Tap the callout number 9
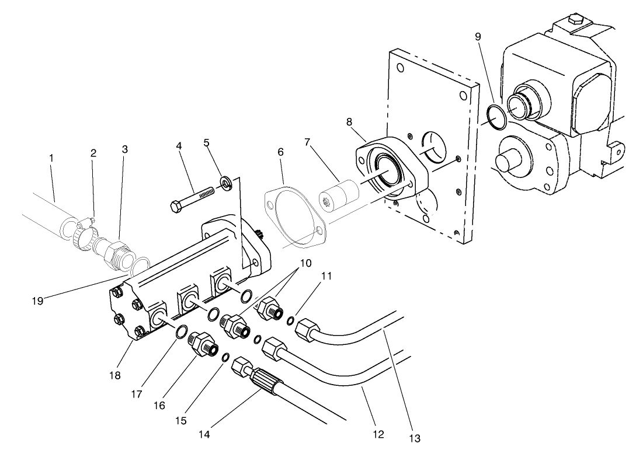[x=478, y=37]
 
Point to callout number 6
[x=281, y=152]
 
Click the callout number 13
[x=415, y=438]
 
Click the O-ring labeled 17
[x=182, y=333]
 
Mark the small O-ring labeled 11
[x=290, y=319]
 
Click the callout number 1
[x=51, y=158]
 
